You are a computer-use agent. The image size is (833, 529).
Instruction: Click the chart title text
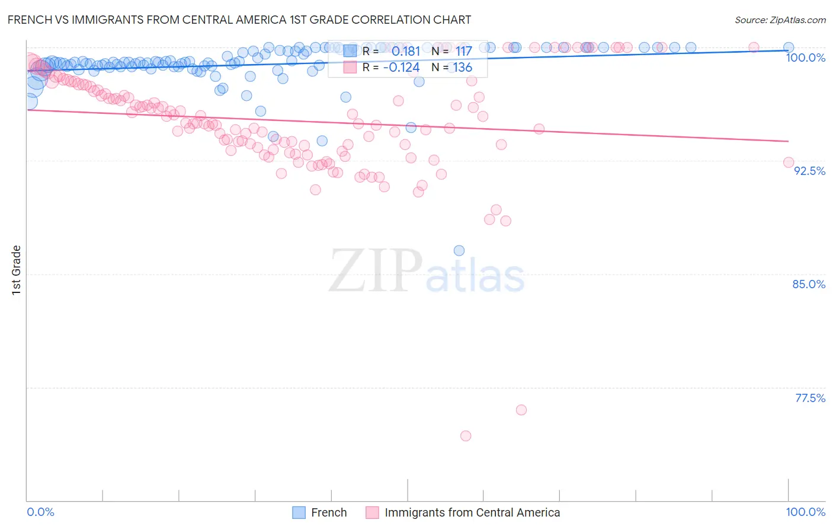(x=239, y=20)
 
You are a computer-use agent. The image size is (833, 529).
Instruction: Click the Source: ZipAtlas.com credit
(x=780, y=20)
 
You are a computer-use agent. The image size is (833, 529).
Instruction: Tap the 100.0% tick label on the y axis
(x=805, y=58)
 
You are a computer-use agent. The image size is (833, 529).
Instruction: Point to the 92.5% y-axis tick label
(x=809, y=171)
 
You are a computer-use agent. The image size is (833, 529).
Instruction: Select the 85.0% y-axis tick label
(x=809, y=284)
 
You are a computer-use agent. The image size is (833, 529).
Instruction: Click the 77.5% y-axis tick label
(x=810, y=398)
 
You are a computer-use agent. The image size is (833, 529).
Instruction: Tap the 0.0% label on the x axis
(x=41, y=512)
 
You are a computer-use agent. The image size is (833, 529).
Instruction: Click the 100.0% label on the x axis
(x=805, y=512)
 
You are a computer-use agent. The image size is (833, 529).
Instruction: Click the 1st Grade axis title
(x=17, y=270)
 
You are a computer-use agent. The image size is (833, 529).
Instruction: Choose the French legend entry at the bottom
(x=329, y=512)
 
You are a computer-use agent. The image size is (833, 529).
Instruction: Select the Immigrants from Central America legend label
(x=472, y=512)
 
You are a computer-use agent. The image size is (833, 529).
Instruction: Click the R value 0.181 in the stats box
(x=405, y=52)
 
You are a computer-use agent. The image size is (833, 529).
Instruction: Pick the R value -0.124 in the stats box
(x=401, y=68)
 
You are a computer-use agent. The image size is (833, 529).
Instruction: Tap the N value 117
(x=463, y=52)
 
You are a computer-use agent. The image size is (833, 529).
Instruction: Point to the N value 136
(x=463, y=68)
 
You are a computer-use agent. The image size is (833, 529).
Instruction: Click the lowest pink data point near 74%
(x=466, y=436)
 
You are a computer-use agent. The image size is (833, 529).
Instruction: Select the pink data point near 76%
(x=521, y=410)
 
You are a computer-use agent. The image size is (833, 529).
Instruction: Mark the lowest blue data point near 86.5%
(x=459, y=251)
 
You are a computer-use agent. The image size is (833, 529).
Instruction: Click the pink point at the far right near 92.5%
(x=789, y=162)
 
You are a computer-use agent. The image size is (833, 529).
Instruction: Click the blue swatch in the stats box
(x=350, y=52)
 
